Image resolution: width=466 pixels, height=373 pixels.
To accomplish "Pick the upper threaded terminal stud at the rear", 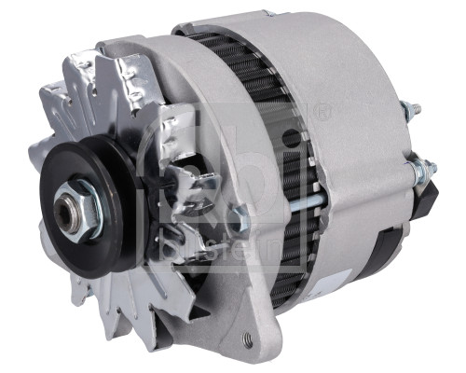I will [x=410, y=111].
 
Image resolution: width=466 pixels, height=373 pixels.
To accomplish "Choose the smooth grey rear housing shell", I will [x=354, y=84].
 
